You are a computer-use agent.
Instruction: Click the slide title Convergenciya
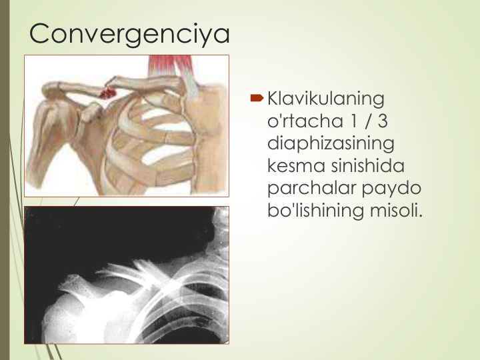pos(129,34)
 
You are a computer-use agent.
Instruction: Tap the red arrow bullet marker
pos(257,98)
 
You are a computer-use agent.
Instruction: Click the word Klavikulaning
pos(326,99)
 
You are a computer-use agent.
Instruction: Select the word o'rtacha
pos(305,121)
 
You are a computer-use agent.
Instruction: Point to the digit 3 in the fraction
pos(383,121)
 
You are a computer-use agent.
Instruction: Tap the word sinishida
pos(368,166)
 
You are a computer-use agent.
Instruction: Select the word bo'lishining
pos(315,211)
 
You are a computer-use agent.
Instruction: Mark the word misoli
pos(396,210)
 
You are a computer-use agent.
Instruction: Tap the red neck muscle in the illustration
pos(171,66)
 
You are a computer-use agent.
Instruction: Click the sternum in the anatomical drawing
pos(209,138)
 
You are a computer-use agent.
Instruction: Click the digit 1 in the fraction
pos(353,121)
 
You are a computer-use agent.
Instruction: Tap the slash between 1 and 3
pos(367,121)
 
